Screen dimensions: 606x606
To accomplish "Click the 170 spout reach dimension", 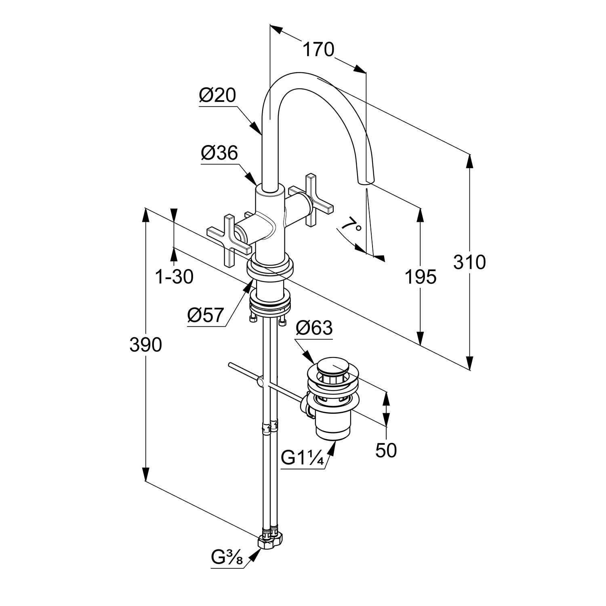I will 318,50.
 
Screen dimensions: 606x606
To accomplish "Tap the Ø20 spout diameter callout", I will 217,96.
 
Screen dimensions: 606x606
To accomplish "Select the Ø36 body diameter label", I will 219,154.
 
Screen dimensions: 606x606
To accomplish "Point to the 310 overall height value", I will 469,262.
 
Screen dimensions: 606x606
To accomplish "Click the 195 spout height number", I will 421,277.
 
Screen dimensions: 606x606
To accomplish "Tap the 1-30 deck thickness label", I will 175,277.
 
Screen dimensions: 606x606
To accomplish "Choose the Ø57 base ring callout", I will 205,315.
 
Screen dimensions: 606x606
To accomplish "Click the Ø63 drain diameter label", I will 314,328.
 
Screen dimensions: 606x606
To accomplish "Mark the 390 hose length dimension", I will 145,345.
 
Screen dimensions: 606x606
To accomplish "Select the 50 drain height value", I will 386,450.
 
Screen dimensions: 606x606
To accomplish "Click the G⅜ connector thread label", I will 226,558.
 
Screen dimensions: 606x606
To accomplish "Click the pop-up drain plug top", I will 331,368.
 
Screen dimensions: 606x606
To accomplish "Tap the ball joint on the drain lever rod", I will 261,382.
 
